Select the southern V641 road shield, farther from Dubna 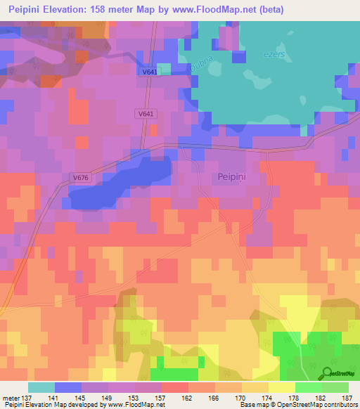pos(146,113)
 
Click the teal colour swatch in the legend pos(41,387)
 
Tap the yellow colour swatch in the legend pos(281,387)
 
